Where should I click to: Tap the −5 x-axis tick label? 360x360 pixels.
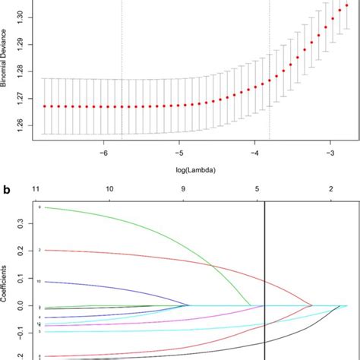[x=179, y=153]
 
